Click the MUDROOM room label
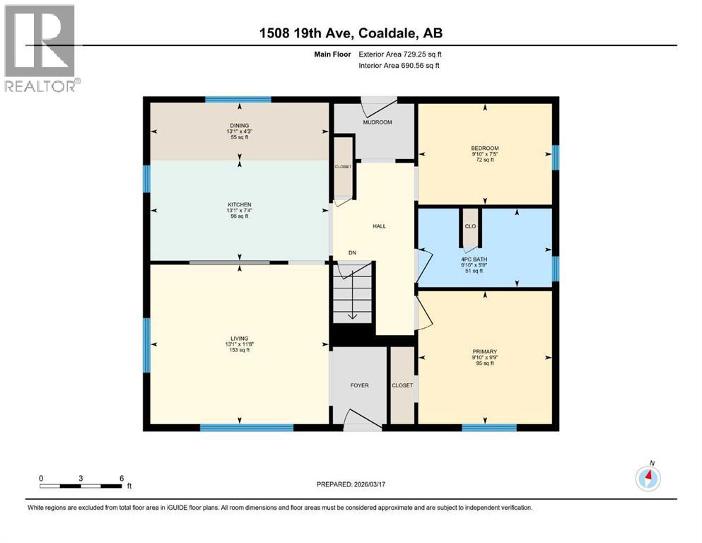tap(378, 122)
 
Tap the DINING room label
tap(238, 126)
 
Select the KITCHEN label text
tap(239, 205)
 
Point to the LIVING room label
tap(238, 338)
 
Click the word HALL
tap(379, 226)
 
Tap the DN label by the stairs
tap(351, 252)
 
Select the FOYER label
tap(360, 385)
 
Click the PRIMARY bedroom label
tap(485, 351)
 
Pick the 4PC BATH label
tap(485, 259)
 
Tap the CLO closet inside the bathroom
tap(470, 226)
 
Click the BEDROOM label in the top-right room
tap(485, 148)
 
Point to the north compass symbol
tap(648, 478)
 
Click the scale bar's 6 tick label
tap(122, 478)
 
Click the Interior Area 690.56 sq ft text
tap(399, 65)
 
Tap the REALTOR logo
tap(41, 48)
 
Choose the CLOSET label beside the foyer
tap(403, 385)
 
